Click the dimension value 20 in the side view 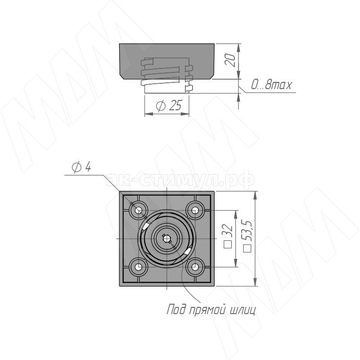[230, 60]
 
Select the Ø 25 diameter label [169, 105]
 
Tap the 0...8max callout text [271, 85]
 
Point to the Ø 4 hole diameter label [81, 166]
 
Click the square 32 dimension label [228, 236]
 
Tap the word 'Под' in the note [176, 310]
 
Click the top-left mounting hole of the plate [139, 210]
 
